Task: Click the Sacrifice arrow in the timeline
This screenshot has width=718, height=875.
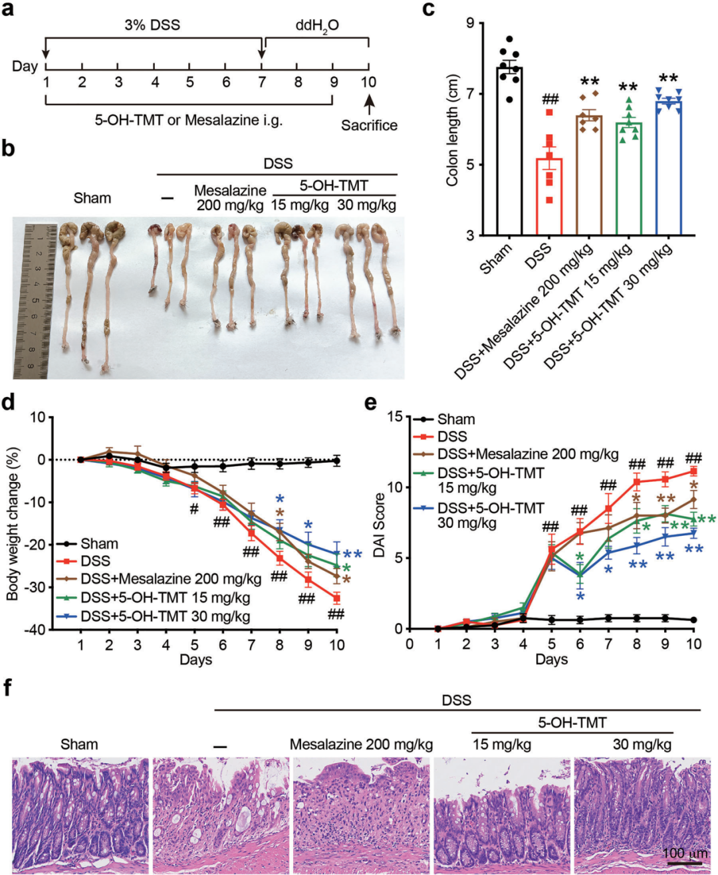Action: click(369, 104)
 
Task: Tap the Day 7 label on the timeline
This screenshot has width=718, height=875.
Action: click(262, 82)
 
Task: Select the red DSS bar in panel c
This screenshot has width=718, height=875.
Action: click(549, 197)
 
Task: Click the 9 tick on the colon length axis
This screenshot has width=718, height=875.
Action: click(470, 24)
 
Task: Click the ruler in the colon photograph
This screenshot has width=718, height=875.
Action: click(33, 300)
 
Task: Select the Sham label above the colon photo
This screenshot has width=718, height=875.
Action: click(92, 198)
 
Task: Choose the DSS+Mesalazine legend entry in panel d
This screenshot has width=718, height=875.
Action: click(171, 578)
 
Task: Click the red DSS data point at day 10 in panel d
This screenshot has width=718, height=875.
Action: click(337, 598)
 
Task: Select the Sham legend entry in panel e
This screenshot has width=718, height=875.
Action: click(455, 420)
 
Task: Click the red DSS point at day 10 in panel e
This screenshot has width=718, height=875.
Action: click(693, 471)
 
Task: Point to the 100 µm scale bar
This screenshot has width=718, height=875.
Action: click(684, 863)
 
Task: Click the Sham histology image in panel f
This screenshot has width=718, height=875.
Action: click(80, 814)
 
